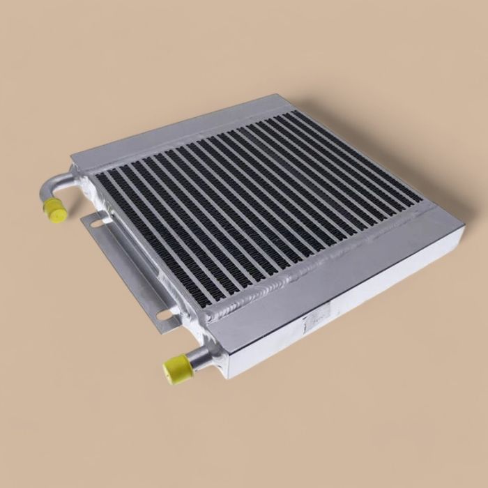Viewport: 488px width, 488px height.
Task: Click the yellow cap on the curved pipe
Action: coord(53,208)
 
